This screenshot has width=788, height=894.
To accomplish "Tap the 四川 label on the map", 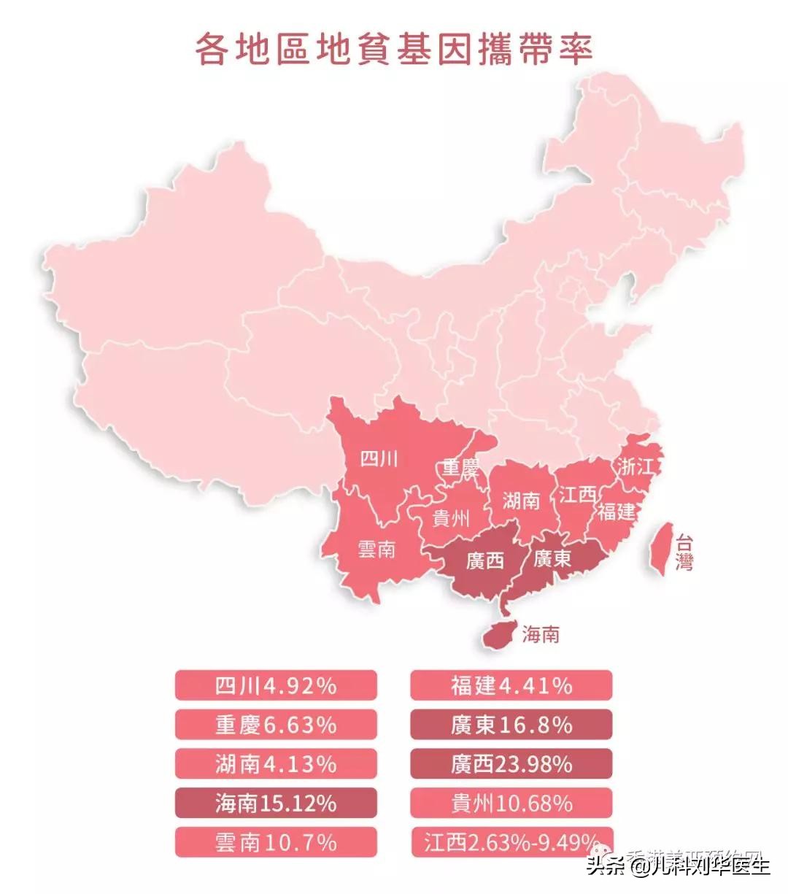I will pos(380,459).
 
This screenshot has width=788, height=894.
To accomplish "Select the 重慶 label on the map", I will pos(460,468).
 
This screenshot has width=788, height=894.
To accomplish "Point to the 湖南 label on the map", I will pos(521,501).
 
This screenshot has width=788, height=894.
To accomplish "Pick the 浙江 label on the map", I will pos(635,467).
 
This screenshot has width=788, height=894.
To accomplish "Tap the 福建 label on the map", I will pos(617,512).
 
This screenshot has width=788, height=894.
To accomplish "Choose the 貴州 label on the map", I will pos(452,519).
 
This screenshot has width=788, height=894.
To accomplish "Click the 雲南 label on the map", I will pos(376,549).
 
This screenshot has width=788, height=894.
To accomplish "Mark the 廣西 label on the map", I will pos(485,561).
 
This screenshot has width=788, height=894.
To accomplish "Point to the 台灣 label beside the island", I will pos(684,552).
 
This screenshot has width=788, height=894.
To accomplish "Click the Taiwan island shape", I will pos(660,547).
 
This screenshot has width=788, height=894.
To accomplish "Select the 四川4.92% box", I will pos(276,685).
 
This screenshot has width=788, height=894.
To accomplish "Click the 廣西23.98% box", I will pos(511,764).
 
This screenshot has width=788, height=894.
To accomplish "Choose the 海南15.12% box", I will pos(276,804).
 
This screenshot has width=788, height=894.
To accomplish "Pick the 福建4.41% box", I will pos(511,685).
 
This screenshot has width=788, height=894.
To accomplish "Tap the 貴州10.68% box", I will pos(511,804).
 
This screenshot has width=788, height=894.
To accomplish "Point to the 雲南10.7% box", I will pos(276,843).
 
